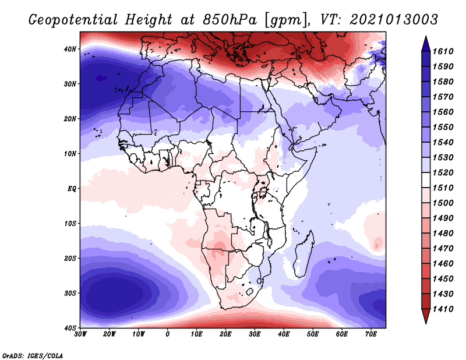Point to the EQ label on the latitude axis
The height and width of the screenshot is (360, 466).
point(72,189)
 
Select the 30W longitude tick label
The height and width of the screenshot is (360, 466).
point(80,334)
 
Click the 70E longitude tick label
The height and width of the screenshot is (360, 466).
point(370,334)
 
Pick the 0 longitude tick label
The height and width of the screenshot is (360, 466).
point(168,334)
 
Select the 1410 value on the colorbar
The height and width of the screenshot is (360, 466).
point(444,309)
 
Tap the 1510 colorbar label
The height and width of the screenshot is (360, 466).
point(444,188)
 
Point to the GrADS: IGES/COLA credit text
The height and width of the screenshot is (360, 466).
point(33,355)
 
